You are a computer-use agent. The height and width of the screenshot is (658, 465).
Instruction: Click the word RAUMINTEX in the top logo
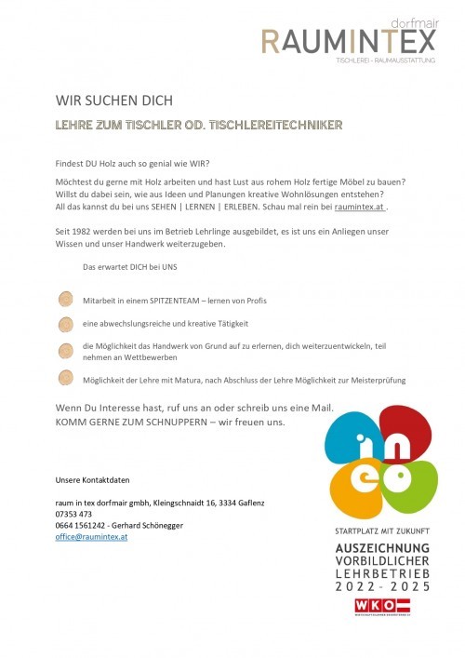point(348,41)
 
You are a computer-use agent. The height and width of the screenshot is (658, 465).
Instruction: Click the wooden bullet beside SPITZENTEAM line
point(65,300)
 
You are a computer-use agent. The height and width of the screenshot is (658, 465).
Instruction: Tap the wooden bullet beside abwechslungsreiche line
point(65,324)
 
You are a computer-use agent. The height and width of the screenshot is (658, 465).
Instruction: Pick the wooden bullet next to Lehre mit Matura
point(65,378)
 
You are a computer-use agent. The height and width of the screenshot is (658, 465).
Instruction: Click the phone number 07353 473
point(73,514)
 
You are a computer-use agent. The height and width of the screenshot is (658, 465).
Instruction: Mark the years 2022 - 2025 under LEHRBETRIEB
point(382,587)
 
